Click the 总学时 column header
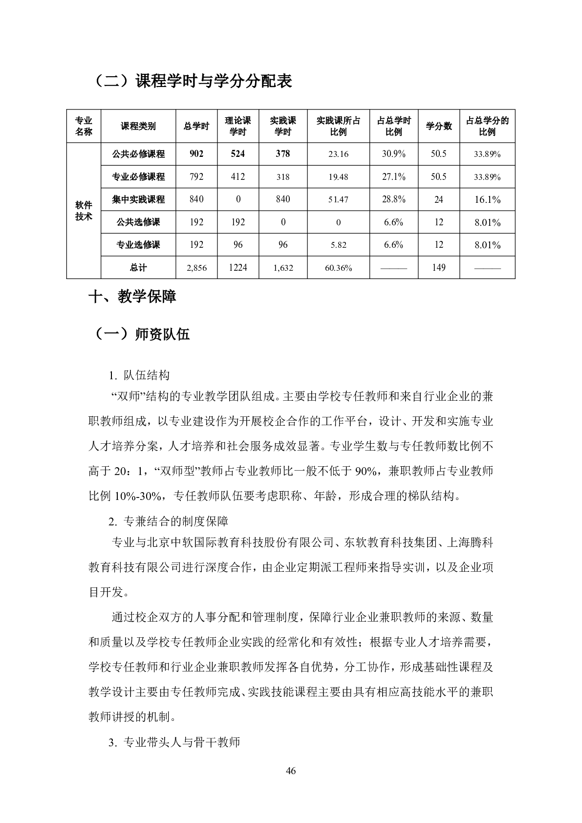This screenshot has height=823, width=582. pyautogui.click(x=196, y=126)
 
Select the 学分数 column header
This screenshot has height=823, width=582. pyautogui.click(x=438, y=126)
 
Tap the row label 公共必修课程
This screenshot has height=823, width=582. pyautogui.click(x=138, y=154)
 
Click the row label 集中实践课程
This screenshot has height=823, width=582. pyautogui.click(x=138, y=199)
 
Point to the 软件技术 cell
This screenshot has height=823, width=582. pyautogui.click(x=84, y=211)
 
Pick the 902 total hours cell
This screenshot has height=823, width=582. pyautogui.click(x=196, y=154)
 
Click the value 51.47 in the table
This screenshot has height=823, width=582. pyautogui.click(x=338, y=199)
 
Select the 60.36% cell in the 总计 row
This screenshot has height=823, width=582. pyautogui.click(x=338, y=268)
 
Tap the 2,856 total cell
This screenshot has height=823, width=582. pyautogui.click(x=196, y=268)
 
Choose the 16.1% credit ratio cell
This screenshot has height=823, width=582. pyautogui.click(x=487, y=199)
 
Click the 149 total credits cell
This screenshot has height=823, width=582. pyautogui.click(x=438, y=268)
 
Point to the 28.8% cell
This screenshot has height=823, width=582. pyautogui.click(x=393, y=199)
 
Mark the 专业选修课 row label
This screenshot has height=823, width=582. pyautogui.click(x=138, y=245)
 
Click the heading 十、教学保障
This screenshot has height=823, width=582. pyautogui.click(x=132, y=297)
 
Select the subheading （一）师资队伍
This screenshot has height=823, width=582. pyautogui.click(x=141, y=334)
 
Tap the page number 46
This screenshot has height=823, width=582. pyautogui.click(x=291, y=772)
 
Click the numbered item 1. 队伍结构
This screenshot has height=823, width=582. pyautogui.click(x=139, y=375)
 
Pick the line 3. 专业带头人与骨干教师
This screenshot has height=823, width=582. pyautogui.click(x=174, y=743)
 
